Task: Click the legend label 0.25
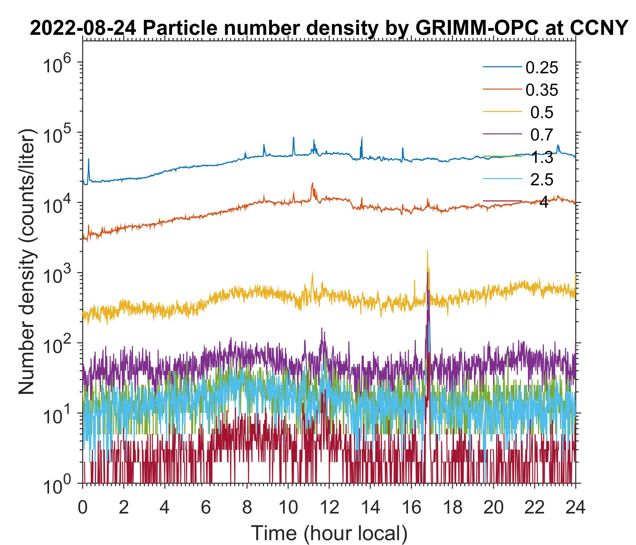click(542, 68)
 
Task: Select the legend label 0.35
click(542, 90)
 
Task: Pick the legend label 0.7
click(542, 135)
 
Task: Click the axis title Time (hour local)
click(329, 533)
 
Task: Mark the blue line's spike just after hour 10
click(293, 138)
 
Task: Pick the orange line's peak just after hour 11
click(313, 183)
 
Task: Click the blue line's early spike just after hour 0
click(89, 159)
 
